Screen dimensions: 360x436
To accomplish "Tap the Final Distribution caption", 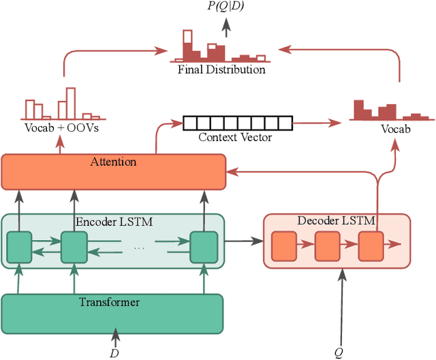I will point(221,69).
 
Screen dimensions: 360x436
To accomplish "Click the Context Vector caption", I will point(235,137).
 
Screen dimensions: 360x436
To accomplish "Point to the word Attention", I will point(113,162).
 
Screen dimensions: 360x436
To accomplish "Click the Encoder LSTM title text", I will point(113,222).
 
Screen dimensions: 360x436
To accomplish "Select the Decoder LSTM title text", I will point(337,221).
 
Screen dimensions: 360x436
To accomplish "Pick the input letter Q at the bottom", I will point(339,352).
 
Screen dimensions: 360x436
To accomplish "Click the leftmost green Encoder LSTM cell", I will point(19,247).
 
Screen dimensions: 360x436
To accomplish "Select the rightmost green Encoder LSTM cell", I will point(202,247).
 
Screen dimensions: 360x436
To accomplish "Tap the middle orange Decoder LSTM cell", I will point(326,247).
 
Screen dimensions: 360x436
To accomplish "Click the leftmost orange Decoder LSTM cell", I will point(283,247).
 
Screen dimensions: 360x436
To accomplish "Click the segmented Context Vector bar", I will point(236,123).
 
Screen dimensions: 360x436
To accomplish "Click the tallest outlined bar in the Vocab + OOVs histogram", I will point(69,102).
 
